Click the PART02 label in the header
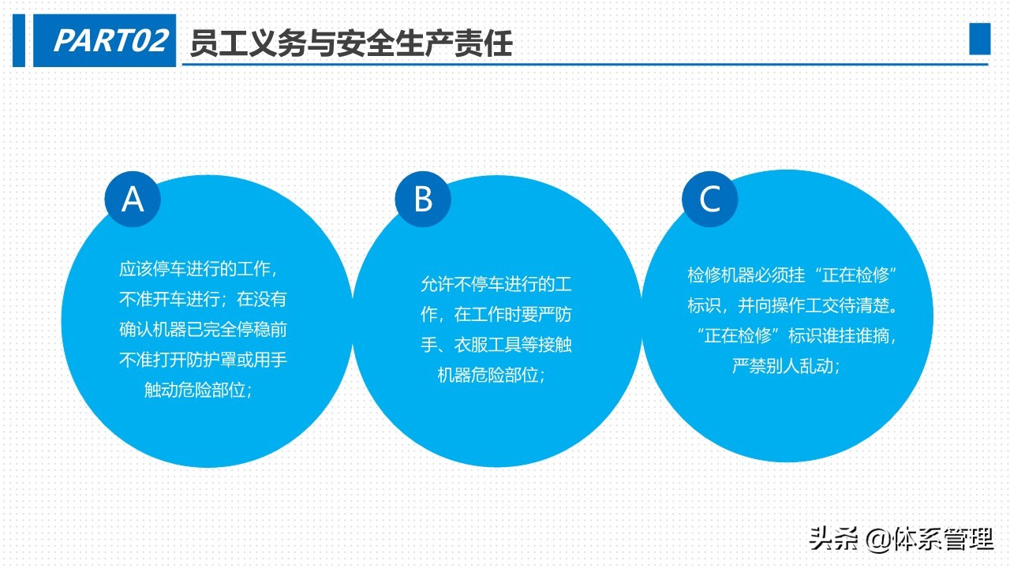tap(110, 40)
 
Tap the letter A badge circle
tap(133, 200)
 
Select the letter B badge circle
tap(423, 200)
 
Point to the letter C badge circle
tap(709, 200)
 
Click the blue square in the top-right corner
tap(979, 39)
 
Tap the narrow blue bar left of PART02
tap(19, 40)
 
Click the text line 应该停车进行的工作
tap(198, 269)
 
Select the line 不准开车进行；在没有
tap(203, 300)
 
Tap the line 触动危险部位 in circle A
tap(198, 390)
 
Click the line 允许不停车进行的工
tap(496, 284)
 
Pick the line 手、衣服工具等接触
tap(496, 345)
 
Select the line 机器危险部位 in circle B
tap(492, 376)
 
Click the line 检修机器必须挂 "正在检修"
tap(794, 275)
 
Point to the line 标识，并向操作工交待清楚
tap(794, 305)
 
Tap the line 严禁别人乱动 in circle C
tap(786, 366)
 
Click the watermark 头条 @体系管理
tap(901, 540)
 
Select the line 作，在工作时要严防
tap(496, 315)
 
